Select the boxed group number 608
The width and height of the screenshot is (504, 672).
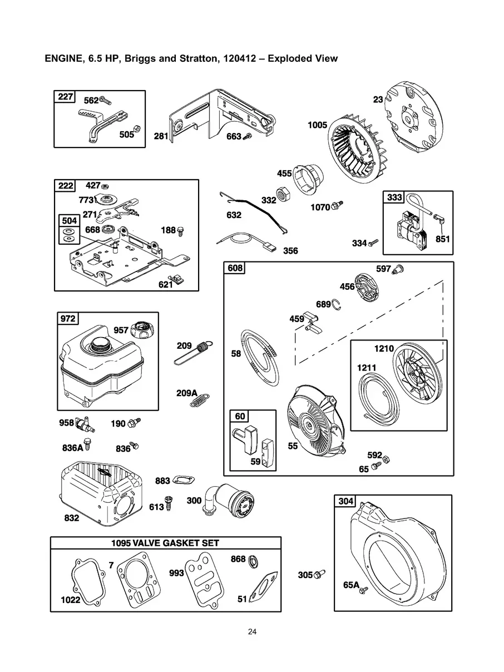click(235, 269)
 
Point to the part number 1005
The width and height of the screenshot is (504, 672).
click(317, 125)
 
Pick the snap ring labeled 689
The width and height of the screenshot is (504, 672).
click(337, 304)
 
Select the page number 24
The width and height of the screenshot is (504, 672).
click(252, 631)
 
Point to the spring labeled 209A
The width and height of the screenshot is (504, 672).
click(202, 398)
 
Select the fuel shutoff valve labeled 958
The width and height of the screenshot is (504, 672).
click(85, 424)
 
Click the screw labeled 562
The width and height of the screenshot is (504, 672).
click(105, 101)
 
